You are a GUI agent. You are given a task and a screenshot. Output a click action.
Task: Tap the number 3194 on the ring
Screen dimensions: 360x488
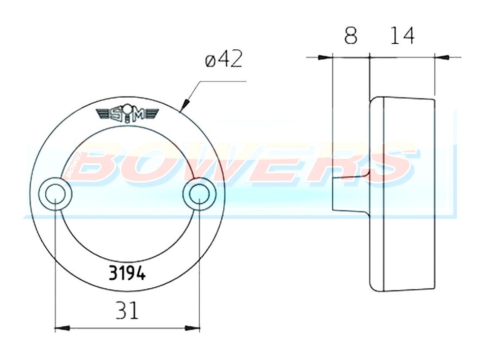(x=127, y=274)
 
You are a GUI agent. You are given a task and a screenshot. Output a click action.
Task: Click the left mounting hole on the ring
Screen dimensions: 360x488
(x=54, y=194)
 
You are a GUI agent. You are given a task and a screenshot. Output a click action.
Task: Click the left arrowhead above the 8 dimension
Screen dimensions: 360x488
(x=324, y=57)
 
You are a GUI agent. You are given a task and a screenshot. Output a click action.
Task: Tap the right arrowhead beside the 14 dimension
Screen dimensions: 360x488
(x=441, y=57)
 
